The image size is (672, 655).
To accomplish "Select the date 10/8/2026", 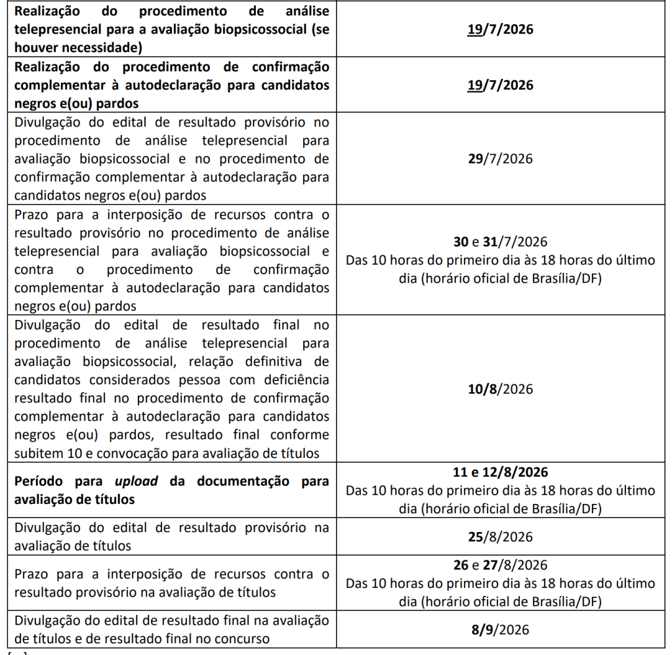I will tap(500, 389).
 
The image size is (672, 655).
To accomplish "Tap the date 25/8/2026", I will tap(500, 536).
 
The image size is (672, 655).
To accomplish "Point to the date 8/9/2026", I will tap(500, 629).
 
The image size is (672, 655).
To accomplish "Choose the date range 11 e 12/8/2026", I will tap(500, 472).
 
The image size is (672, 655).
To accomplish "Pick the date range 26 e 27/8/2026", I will tap(500, 565).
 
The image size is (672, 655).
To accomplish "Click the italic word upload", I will tap(136, 481).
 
